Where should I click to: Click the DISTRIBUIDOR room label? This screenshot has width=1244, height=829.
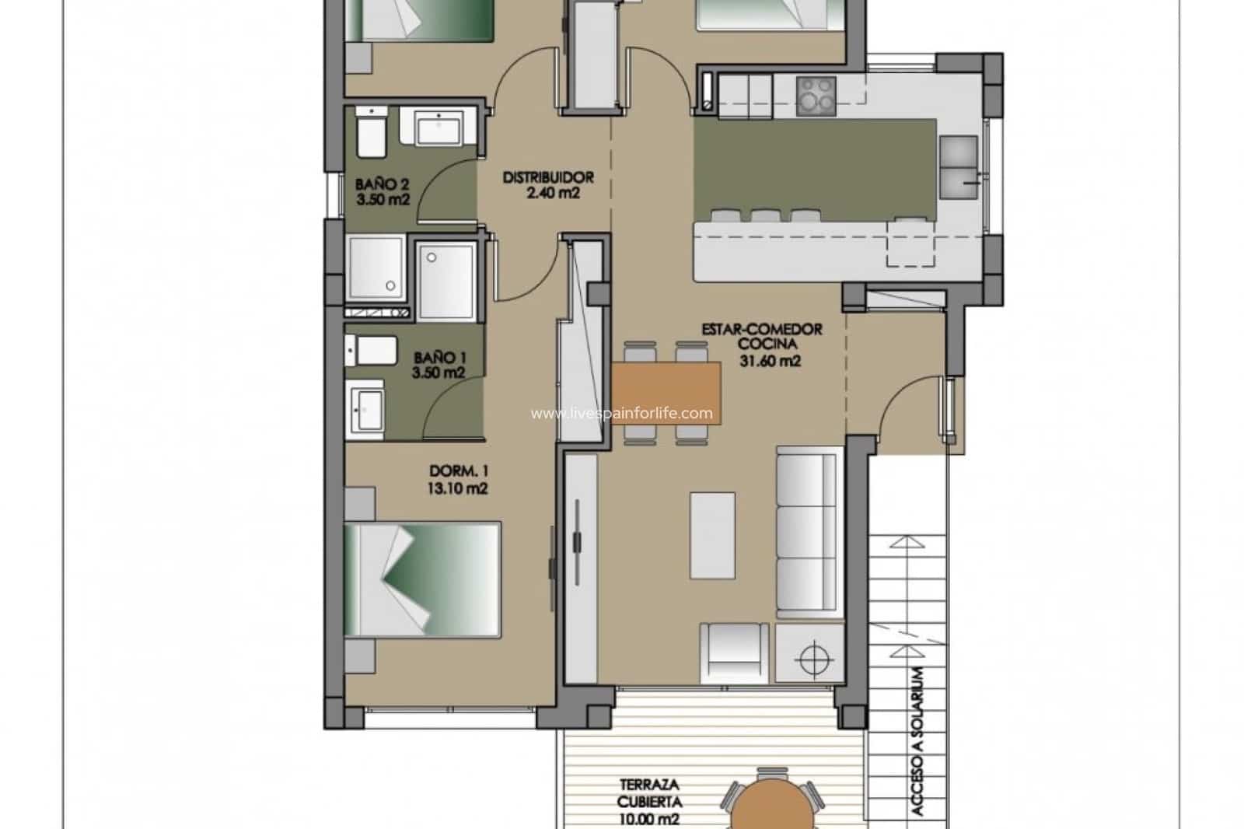coord(547,177)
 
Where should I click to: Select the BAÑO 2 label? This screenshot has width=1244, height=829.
coord(382,184)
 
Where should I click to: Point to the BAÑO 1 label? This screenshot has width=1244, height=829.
coord(439,358)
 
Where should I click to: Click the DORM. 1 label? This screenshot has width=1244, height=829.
coord(458,471)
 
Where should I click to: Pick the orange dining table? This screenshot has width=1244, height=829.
coord(666,394)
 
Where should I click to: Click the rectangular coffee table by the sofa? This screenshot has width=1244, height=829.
coord(711,535)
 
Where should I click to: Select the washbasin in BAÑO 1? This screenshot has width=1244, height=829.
coord(366,406)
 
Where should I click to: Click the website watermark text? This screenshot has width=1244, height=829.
coord(621,413)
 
